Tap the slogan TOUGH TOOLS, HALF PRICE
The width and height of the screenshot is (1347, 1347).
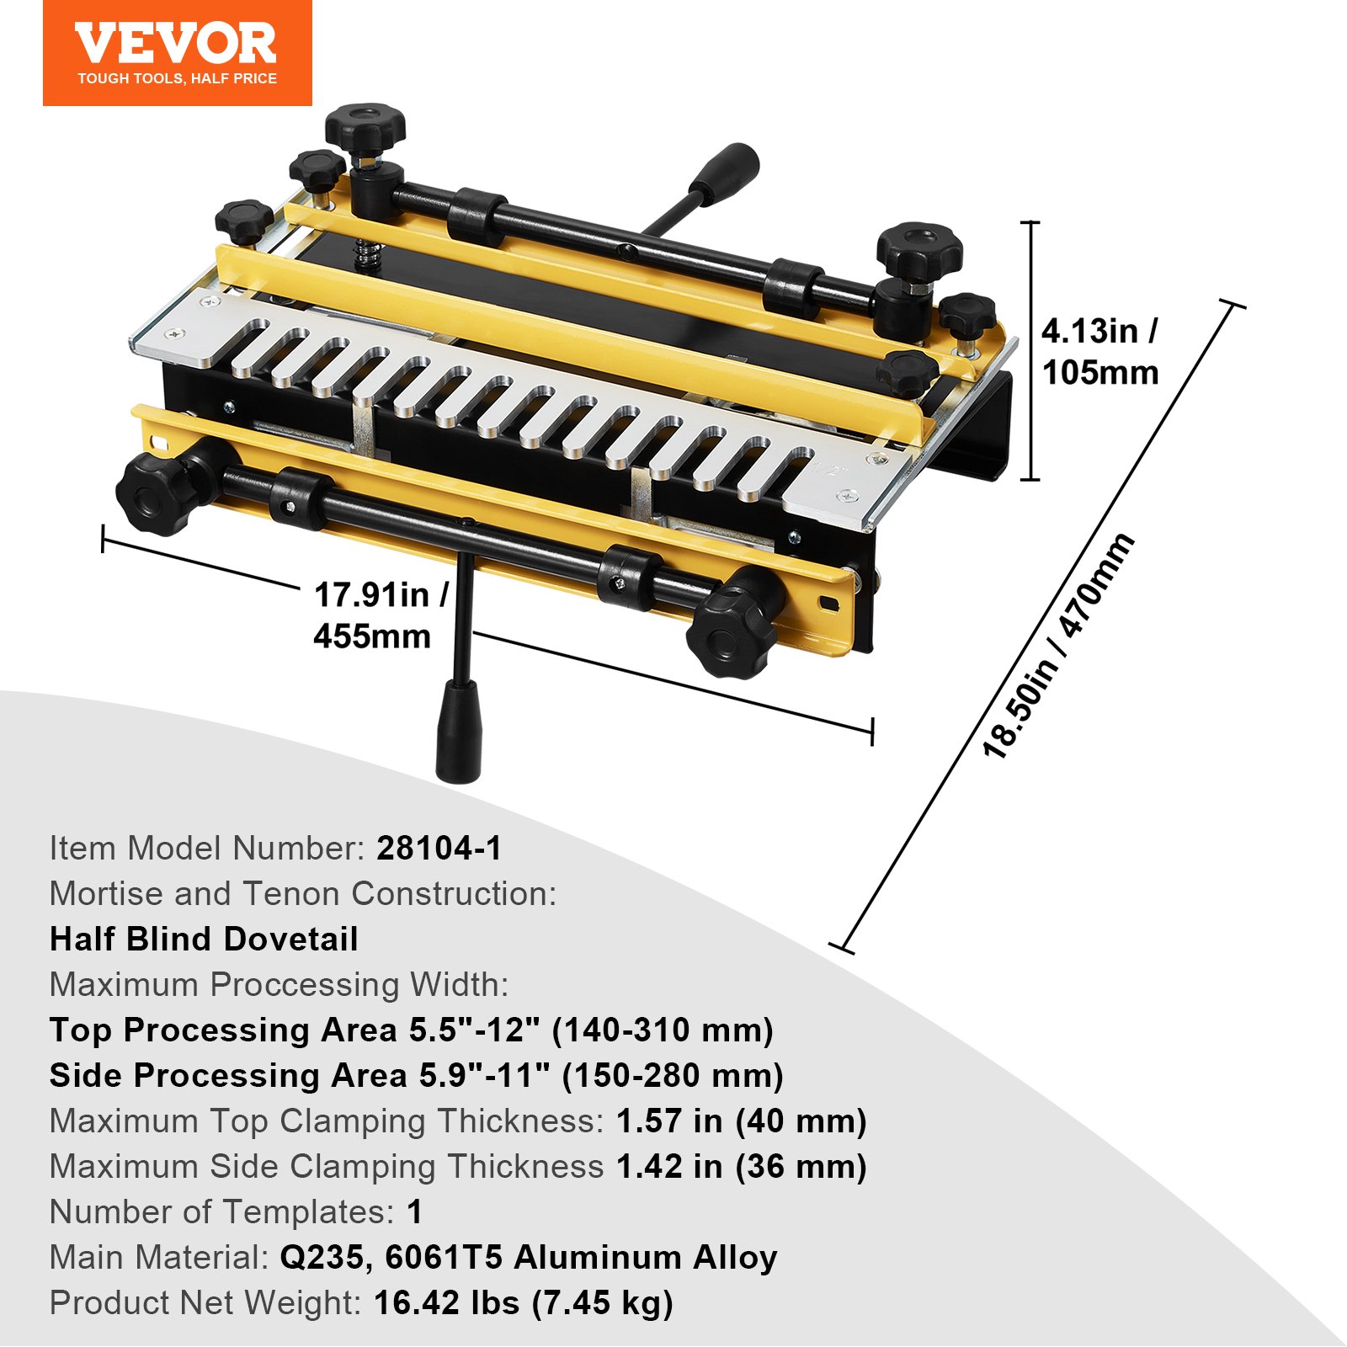pos(177,79)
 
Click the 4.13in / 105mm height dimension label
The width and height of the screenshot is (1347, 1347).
pos(1099,352)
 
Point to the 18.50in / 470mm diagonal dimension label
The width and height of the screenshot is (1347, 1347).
pos(1058,647)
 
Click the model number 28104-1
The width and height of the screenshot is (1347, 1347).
pos(439,849)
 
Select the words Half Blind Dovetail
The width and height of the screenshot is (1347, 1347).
pos(204,940)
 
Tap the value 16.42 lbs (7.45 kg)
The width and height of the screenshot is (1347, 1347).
pos(523,1303)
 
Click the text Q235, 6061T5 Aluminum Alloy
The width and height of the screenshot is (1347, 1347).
pos(528,1258)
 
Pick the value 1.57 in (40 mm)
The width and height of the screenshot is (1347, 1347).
pos(741,1121)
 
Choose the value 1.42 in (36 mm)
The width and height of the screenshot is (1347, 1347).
pos(741,1167)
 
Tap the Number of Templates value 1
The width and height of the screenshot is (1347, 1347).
pos(414,1212)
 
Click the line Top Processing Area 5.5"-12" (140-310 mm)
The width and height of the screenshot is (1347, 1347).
pos(411,1030)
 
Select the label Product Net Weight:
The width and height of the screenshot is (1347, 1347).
pos(205,1303)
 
